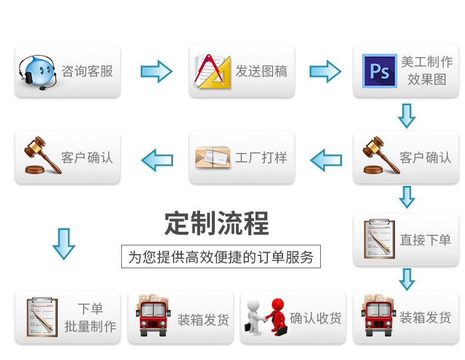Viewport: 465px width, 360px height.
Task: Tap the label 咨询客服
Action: point(87,72)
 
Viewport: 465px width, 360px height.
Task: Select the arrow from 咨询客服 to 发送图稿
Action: point(156,72)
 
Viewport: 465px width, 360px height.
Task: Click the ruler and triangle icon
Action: point(212,72)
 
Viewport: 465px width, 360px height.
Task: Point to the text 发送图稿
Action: point(261,72)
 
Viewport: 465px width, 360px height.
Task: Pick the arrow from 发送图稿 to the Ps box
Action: point(325,72)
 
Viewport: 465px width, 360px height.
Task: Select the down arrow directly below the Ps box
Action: point(407,115)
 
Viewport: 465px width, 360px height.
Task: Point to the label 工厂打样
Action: point(261,158)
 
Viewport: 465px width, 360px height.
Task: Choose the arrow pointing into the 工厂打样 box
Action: point(325,159)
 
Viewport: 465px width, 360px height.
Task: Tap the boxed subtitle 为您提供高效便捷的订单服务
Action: point(221,257)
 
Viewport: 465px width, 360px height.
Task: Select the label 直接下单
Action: point(426,240)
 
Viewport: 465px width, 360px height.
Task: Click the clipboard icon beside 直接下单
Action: point(378,239)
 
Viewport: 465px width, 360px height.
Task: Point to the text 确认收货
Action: point(315,318)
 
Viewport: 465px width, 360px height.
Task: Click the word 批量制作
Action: point(90,326)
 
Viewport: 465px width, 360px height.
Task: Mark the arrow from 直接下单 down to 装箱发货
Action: point(407,278)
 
